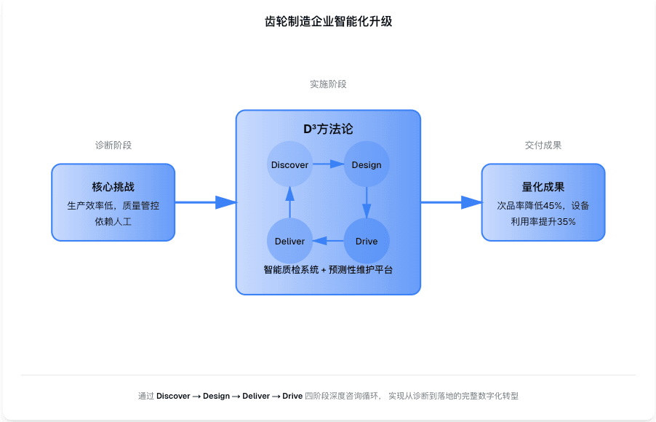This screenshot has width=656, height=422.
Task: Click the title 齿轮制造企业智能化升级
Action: click(328, 22)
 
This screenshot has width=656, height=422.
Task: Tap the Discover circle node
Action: click(289, 164)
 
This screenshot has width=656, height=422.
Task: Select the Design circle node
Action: click(367, 164)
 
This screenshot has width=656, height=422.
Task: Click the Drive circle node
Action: click(367, 241)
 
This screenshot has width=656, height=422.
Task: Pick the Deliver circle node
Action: click(289, 241)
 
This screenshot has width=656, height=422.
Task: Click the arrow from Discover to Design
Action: click(328, 164)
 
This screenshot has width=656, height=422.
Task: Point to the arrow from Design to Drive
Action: click(367, 203)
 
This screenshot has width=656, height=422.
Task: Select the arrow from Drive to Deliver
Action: click(328, 241)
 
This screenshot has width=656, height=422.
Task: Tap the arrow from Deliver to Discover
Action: click(289, 203)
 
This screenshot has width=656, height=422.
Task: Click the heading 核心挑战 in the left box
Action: click(113, 187)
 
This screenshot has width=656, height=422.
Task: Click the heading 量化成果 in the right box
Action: click(543, 187)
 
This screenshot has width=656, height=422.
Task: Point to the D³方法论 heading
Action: click(328, 129)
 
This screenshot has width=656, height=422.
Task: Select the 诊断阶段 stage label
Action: click(113, 146)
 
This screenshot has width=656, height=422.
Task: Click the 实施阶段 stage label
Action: click(328, 84)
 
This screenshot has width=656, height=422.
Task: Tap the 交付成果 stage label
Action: click(543, 146)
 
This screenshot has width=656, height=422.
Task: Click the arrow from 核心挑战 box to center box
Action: click(206, 202)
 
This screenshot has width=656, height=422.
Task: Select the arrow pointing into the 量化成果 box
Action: click(452, 202)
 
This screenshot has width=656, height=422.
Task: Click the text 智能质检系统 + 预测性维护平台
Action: click(328, 269)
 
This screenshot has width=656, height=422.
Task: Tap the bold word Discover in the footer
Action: click(173, 397)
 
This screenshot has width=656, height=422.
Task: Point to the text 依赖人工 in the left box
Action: click(113, 221)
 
